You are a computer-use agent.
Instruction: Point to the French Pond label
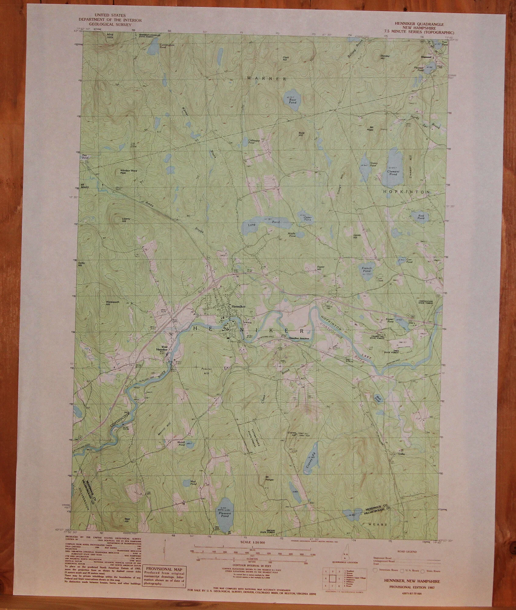367,269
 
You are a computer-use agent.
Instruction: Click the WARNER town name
267,79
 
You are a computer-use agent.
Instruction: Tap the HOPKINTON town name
406,192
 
